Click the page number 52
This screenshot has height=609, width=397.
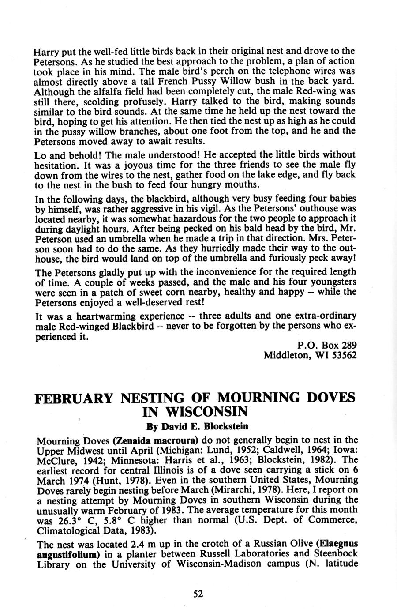tap(198, 594)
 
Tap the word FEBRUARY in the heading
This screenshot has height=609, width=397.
tap(73, 397)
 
